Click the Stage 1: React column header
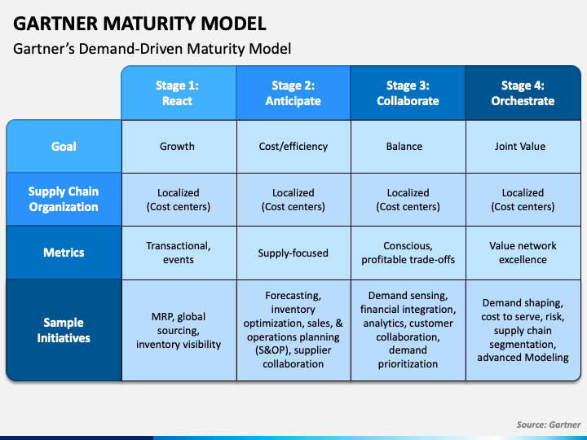(x=179, y=93)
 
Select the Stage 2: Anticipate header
(x=293, y=93)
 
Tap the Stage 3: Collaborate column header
(x=408, y=93)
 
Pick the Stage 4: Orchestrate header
(x=523, y=93)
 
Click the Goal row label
(x=64, y=147)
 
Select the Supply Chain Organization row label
(x=64, y=199)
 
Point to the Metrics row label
(x=64, y=253)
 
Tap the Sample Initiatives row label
(x=64, y=330)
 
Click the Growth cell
(x=179, y=147)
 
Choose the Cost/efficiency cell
(x=293, y=147)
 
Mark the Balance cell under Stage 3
(x=408, y=147)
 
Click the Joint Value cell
(x=523, y=147)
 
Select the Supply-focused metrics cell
(x=293, y=253)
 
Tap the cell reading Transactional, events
(x=179, y=253)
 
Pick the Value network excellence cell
(x=523, y=253)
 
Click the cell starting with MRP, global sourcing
(x=179, y=330)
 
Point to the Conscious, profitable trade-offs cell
(x=408, y=253)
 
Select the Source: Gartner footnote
(x=549, y=425)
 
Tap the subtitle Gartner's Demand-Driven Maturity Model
(x=152, y=49)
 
